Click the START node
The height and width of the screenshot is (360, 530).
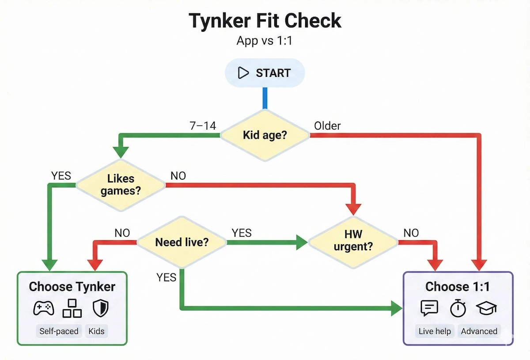coord(265,73)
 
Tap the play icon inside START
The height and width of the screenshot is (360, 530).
coord(243,73)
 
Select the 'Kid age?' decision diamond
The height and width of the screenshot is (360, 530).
coord(265,135)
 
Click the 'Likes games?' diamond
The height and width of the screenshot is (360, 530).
coord(121,185)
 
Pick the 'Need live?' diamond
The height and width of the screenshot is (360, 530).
coord(182,242)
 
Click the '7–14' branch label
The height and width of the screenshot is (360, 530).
coord(203,126)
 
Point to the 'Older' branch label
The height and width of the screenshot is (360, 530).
coord(327,126)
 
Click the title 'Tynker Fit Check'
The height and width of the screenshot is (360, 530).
coord(265,21)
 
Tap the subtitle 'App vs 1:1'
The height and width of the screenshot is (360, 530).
coord(265,41)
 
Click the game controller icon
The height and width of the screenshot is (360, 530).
coord(44,308)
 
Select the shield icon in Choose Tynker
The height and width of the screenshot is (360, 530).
coord(100,308)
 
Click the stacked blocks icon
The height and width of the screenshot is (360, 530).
coord(72,308)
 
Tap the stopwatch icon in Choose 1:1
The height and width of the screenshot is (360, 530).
coord(458,308)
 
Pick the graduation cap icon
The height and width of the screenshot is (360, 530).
coord(486,308)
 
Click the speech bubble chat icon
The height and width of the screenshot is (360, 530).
coord(429,308)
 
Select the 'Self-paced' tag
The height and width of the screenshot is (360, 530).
coord(59,331)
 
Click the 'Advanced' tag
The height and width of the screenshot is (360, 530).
coord(479,331)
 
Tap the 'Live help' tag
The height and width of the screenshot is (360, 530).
coord(435,331)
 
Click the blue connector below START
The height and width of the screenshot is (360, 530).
coord(265,98)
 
